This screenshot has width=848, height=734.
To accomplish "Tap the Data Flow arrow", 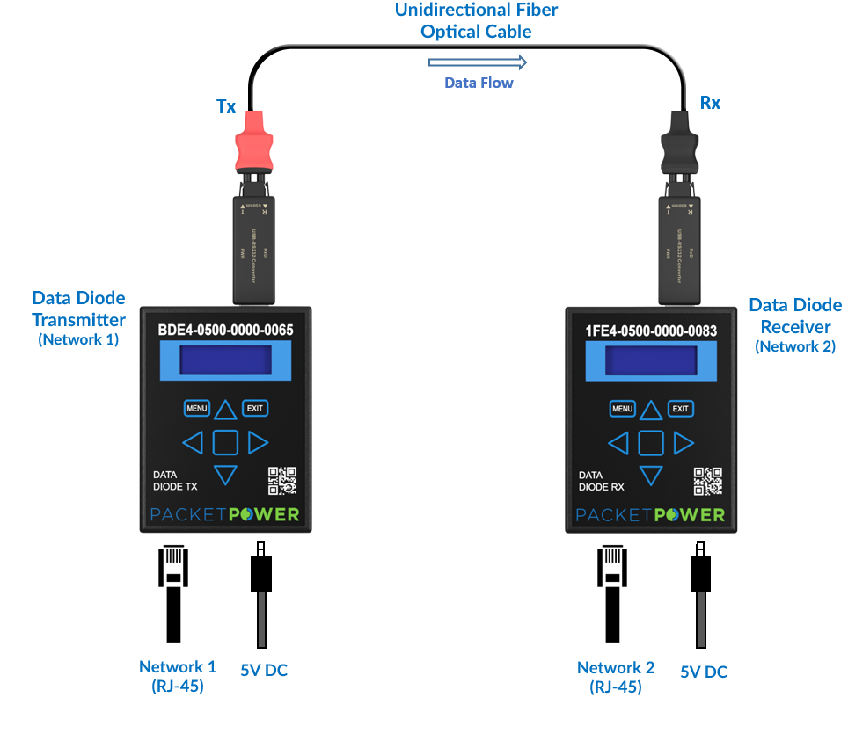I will [x=478, y=62].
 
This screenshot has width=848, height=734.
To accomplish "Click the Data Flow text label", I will [x=478, y=83].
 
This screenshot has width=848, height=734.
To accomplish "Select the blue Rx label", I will [x=710, y=104].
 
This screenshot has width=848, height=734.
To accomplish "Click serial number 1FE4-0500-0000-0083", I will [x=651, y=331].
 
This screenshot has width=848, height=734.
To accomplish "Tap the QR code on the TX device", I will [x=282, y=481].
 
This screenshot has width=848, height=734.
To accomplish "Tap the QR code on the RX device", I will [x=708, y=481].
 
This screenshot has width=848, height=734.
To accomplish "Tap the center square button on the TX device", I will [x=225, y=442].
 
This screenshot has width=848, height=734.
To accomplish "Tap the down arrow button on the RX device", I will [x=650, y=476].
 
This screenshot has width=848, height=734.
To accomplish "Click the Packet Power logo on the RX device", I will [x=651, y=514].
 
